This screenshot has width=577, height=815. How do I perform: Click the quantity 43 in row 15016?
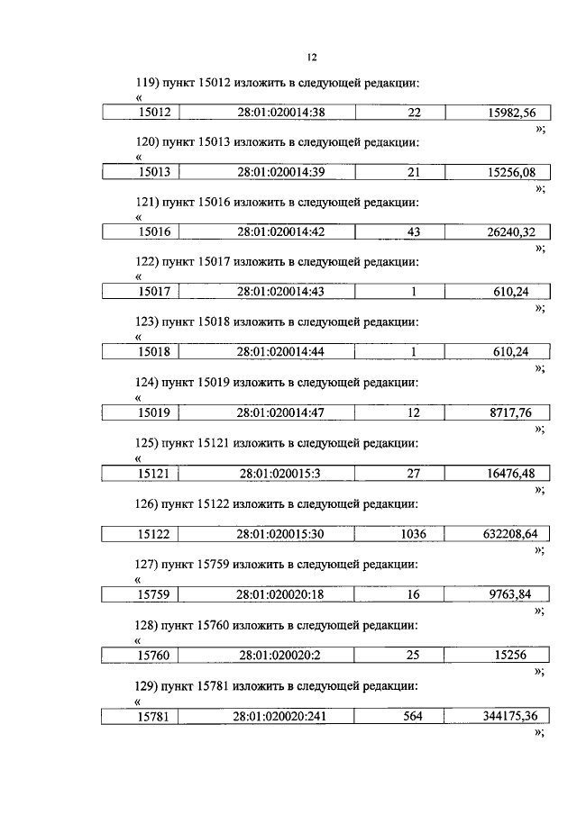pyautogui.click(x=414, y=232)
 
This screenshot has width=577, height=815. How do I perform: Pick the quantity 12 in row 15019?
pyautogui.click(x=414, y=413)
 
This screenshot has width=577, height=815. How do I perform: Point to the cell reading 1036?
pyautogui.click(x=414, y=534)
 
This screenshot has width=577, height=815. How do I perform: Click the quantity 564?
pyautogui.click(x=414, y=717)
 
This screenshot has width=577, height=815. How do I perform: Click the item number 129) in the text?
pyautogui.click(x=146, y=686)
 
